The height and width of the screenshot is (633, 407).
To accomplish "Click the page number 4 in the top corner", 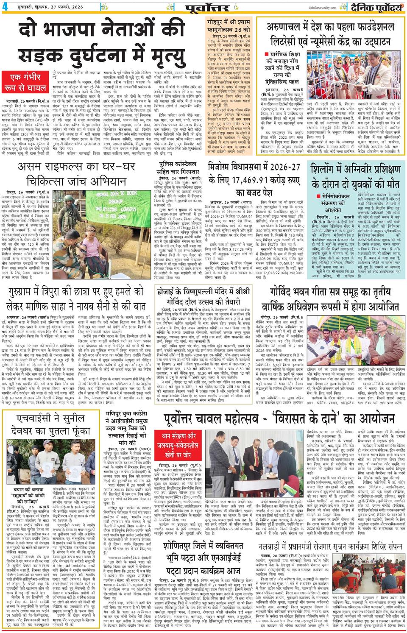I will click(x=5, y=6).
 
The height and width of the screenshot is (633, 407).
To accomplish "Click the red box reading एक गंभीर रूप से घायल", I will click(x=28, y=82).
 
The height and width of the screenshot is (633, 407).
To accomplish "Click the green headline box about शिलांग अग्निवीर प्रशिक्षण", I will click(x=355, y=176).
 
